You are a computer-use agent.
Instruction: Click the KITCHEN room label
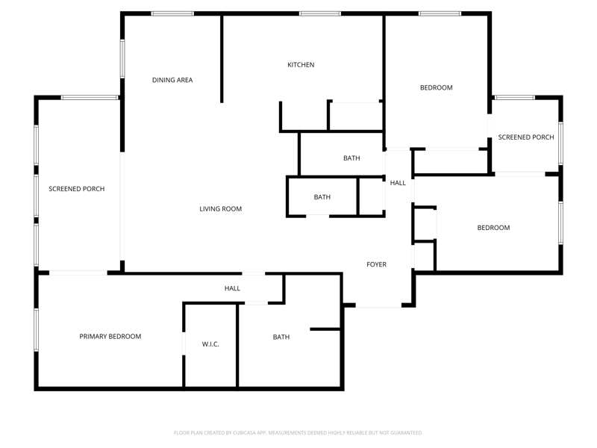click(x=301, y=65)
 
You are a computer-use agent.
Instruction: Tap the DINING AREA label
click(x=172, y=80)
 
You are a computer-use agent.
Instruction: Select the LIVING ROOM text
click(x=220, y=209)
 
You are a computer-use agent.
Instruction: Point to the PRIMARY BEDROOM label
click(x=110, y=337)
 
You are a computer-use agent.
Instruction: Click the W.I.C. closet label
click(x=210, y=344)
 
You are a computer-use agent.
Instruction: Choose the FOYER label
click(x=376, y=264)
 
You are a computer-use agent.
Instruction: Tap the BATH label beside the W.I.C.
click(x=281, y=337)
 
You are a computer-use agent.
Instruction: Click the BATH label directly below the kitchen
click(x=351, y=158)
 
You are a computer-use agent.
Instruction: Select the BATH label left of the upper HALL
click(x=322, y=197)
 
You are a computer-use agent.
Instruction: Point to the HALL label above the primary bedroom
click(x=232, y=288)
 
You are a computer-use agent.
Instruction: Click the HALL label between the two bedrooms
click(x=398, y=183)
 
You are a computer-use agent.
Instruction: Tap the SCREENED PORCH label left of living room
click(x=77, y=189)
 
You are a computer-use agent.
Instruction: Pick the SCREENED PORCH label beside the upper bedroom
click(x=526, y=137)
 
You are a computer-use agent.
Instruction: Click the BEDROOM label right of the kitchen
click(x=437, y=87)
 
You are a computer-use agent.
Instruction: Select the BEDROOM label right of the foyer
click(x=493, y=228)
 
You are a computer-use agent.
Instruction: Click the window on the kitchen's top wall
click(x=320, y=13)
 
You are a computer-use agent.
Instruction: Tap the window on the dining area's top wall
click(x=172, y=13)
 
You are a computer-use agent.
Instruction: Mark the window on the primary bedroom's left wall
click(x=36, y=329)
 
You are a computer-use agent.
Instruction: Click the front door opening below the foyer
click(x=378, y=305)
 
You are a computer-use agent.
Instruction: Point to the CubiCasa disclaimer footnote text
click(x=298, y=433)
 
